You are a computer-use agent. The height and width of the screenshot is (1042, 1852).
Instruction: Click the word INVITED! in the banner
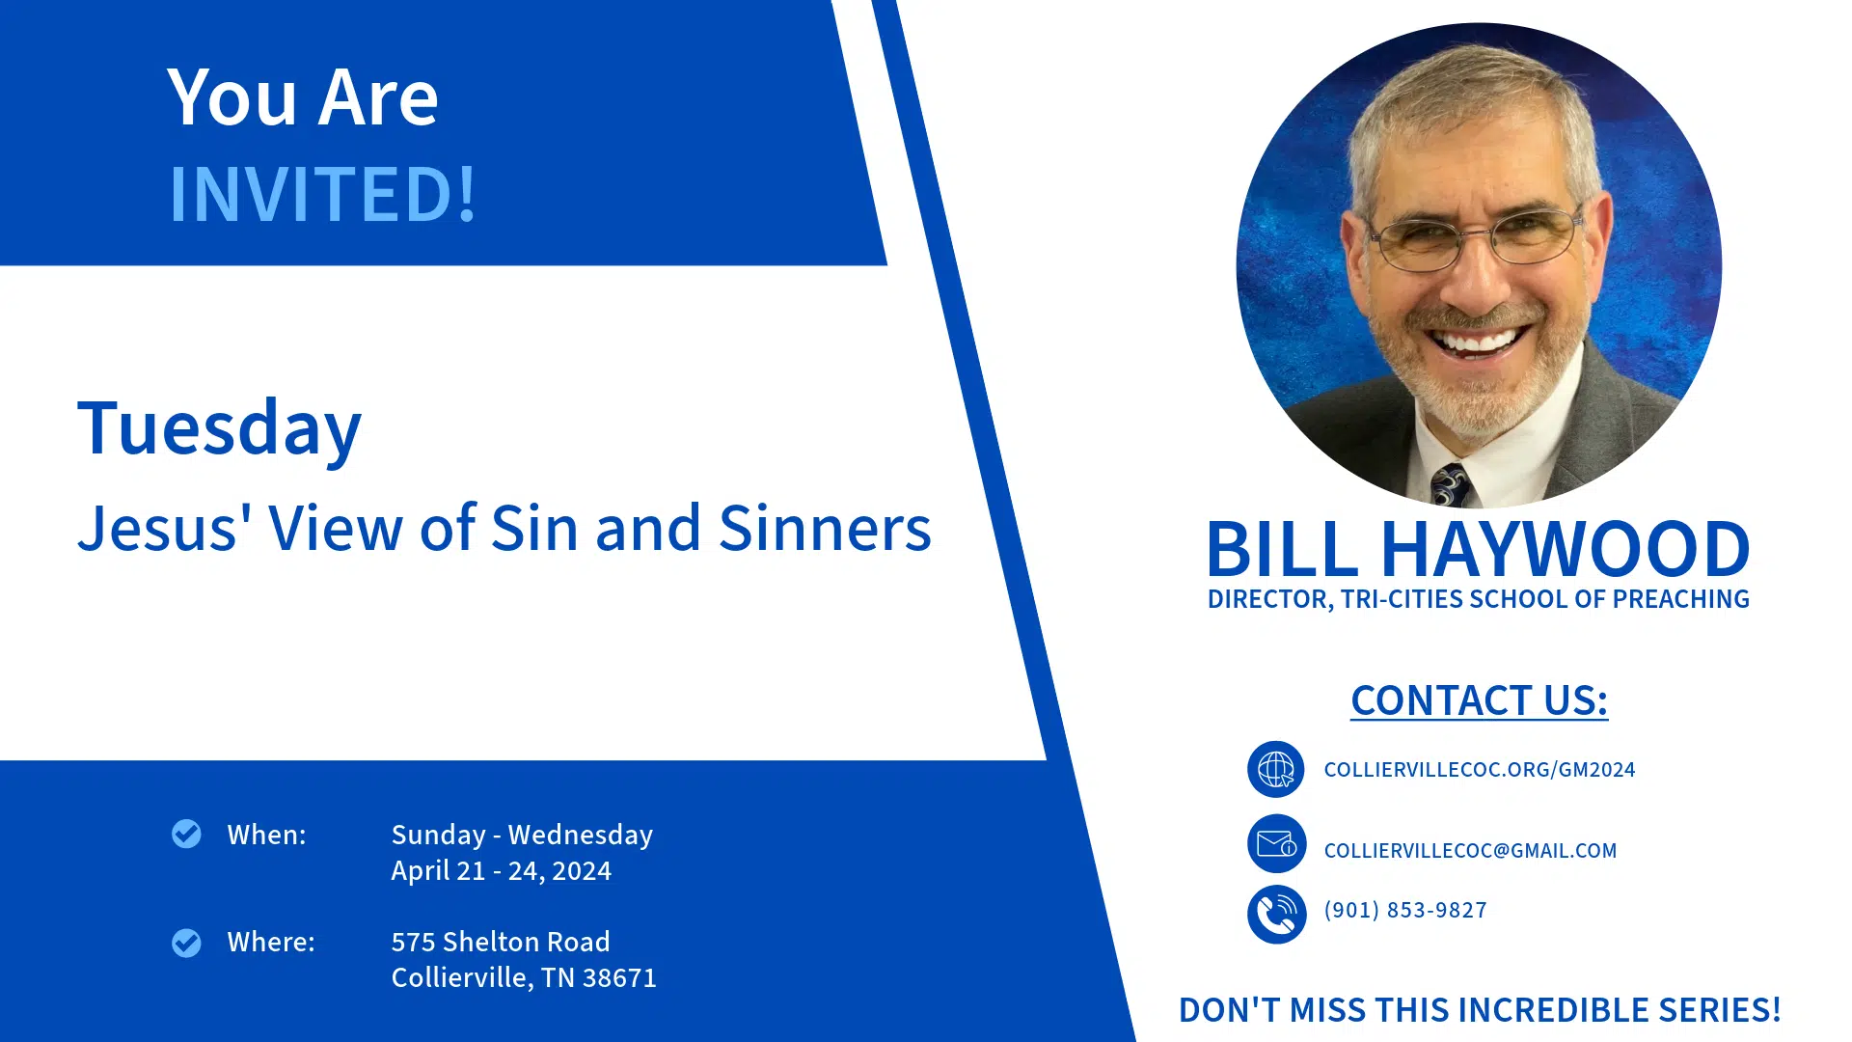point(323,194)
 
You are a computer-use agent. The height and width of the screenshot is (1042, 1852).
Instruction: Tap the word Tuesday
point(220,428)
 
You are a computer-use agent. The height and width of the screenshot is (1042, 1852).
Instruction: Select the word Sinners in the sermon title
point(825,529)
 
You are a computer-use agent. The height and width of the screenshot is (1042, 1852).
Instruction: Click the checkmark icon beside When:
point(186,834)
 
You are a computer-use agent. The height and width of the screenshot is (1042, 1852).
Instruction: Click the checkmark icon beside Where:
point(186,943)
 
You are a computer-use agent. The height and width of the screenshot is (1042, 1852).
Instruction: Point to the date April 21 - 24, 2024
point(502,871)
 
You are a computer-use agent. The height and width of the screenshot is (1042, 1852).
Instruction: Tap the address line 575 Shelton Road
point(501,942)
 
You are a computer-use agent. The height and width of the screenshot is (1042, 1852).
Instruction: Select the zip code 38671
point(619,978)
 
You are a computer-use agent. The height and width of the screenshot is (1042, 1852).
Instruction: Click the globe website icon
point(1276,769)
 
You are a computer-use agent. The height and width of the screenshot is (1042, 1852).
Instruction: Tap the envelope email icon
point(1276,844)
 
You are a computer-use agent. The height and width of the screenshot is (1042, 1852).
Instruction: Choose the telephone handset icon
point(1276,914)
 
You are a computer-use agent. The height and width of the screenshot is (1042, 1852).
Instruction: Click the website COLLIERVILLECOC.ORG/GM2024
point(1480,770)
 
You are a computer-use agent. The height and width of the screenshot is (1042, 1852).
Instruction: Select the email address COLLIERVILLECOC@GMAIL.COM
point(1470,851)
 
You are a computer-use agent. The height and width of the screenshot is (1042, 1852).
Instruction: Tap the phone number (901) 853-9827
point(1405,910)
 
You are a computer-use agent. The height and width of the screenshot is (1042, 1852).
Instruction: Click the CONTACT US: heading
point(1479,700)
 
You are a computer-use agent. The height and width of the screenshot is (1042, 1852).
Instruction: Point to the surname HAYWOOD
point(1566,549)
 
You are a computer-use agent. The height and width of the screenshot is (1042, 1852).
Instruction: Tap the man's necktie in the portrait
point(1450,484)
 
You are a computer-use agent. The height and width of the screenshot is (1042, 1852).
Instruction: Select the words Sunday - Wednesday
point(522,835)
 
